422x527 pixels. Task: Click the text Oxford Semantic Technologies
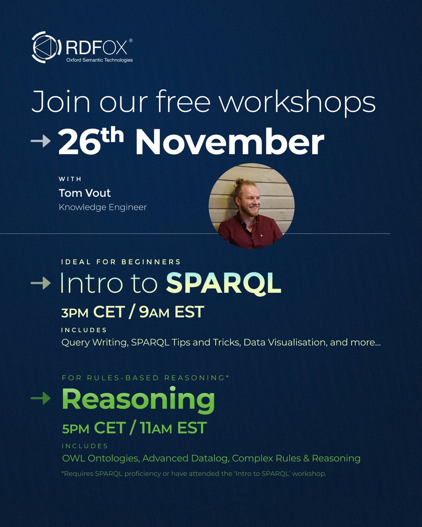coord(99,60)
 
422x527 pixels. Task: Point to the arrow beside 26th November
coord(40,141)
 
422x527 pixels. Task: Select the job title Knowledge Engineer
coord(102,207)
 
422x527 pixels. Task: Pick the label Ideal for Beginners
coord(121,262)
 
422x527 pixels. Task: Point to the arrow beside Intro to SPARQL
coord(40,284)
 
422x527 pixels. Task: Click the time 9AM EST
coord(171,312)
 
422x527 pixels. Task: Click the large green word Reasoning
coord(138,400)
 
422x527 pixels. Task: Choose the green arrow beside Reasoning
coord(40,398)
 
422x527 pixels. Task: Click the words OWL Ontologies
coord(99,458)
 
